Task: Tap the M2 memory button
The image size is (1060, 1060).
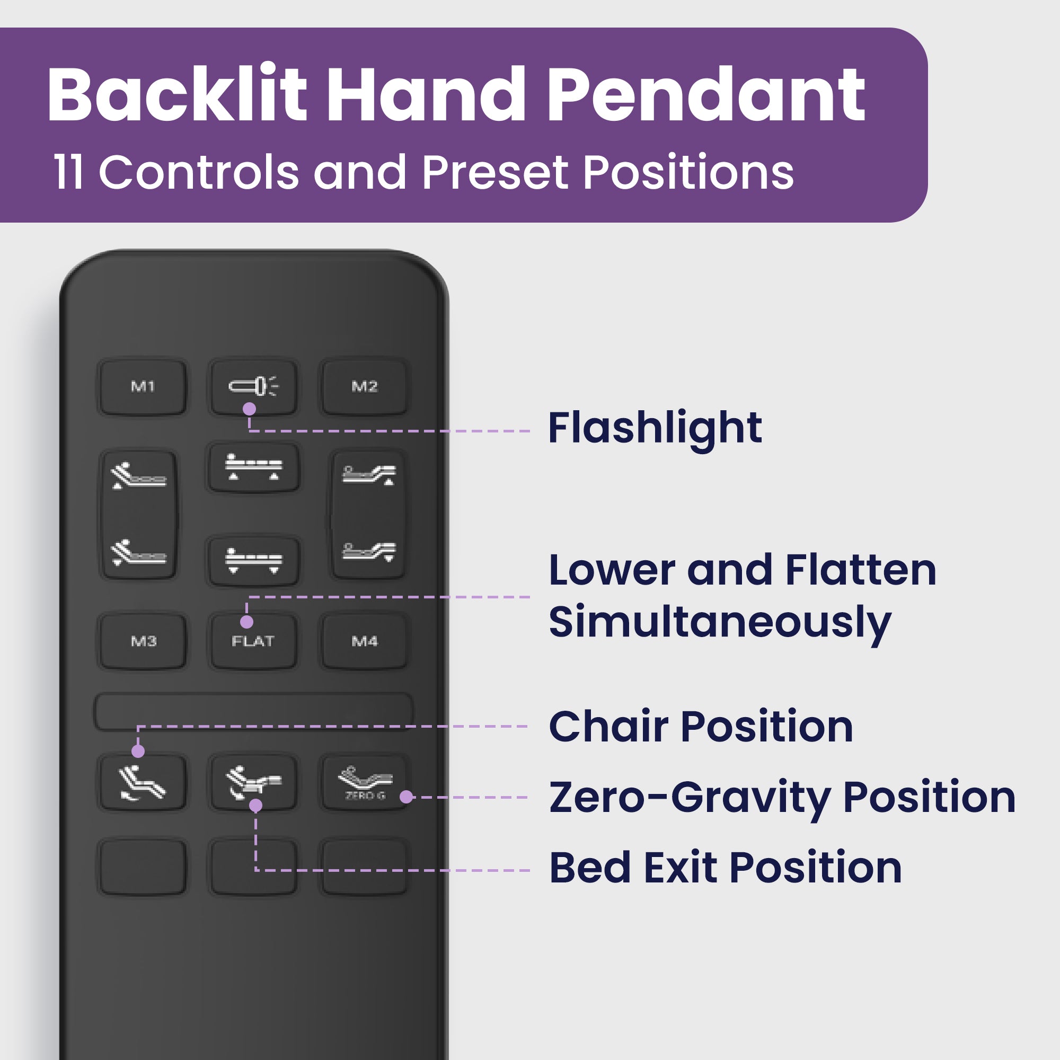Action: click(364, 387)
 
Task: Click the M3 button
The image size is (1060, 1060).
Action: click(143, 641)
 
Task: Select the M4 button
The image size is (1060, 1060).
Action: click(364, 641)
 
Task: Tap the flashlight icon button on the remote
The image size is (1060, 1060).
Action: click(253, 387)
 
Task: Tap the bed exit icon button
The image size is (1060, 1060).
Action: click(253, 783)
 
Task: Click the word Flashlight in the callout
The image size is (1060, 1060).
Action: click(655, 428)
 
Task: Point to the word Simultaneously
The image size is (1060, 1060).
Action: click(720, 623)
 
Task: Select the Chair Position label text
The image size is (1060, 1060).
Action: click(701, 727)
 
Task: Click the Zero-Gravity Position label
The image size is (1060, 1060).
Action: click(782, 798)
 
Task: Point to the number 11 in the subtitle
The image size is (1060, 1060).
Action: click(68, 172)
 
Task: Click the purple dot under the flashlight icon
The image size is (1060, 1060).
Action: click(249, 409)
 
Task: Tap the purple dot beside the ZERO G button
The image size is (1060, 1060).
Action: click(406, 797)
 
